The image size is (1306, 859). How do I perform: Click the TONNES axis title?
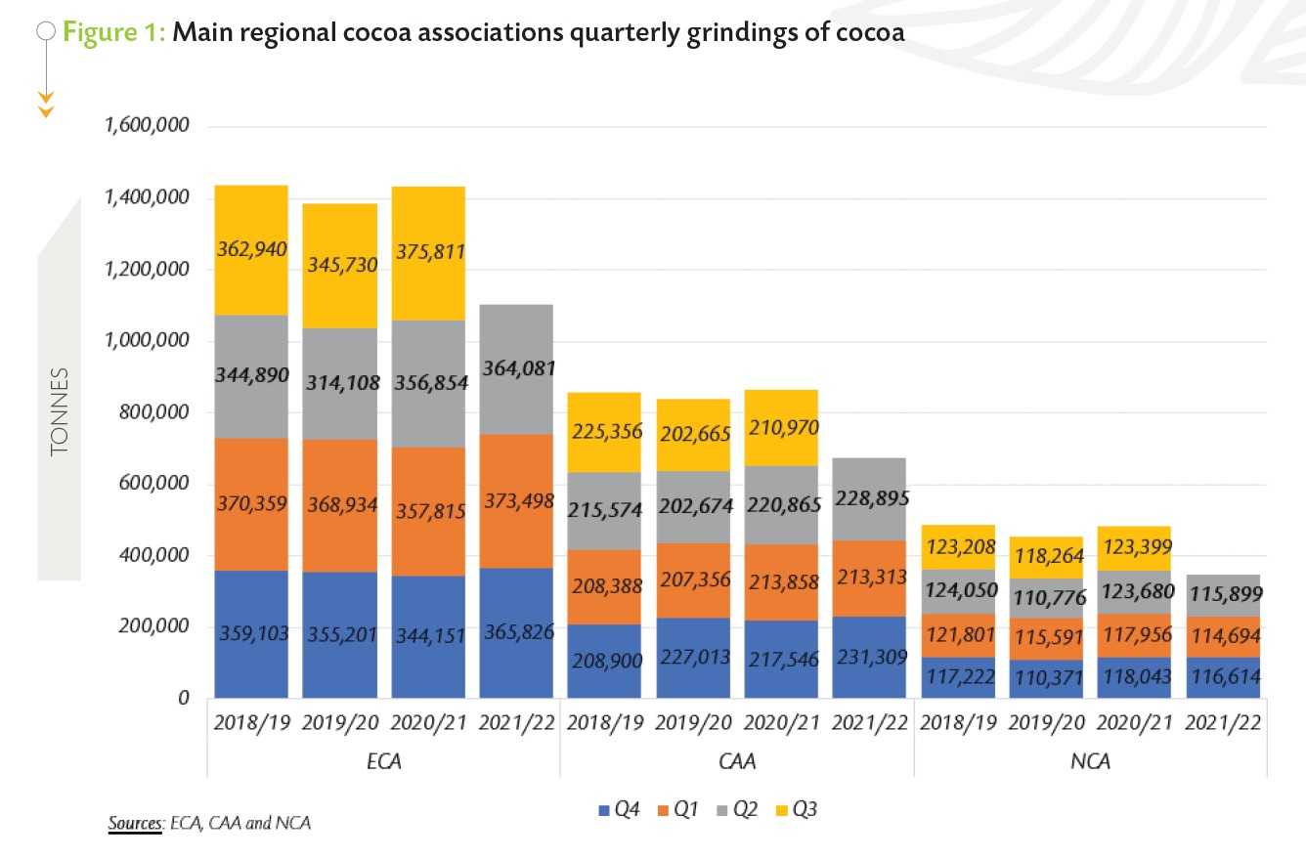pos(60,411)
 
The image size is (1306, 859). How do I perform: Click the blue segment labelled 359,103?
pos(250,632)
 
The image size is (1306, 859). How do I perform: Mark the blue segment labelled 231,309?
pos(869,657)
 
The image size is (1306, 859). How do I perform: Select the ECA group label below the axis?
pos(383,760)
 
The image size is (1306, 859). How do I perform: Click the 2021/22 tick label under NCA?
pos(1222,723)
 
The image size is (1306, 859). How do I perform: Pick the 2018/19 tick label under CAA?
pos(604,723)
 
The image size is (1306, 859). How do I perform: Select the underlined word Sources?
pos(133,823)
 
